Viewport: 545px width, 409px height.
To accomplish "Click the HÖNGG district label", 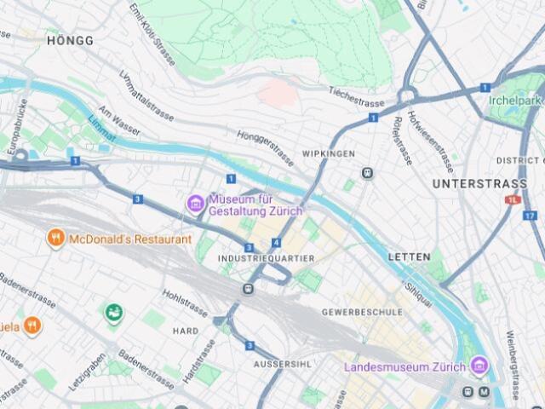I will point(70,40).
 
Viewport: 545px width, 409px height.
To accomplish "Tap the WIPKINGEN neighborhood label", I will point(327,154).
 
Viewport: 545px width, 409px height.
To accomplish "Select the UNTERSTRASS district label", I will point(473,183).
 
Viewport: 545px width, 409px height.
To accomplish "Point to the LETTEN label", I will point(409,256).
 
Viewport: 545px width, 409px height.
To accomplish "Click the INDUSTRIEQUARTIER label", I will point(267,258).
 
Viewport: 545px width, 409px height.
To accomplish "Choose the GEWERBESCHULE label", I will point(361,312).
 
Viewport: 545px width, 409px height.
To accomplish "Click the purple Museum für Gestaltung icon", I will point(195,203).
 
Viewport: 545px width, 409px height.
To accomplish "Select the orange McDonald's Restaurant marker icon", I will point(55,239).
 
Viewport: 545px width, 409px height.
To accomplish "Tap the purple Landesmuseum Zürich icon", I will point(479,366).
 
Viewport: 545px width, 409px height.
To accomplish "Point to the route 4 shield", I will point(276,243).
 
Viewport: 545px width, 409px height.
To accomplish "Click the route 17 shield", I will point(529,215).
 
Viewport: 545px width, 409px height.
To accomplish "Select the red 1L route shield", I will point(512,200).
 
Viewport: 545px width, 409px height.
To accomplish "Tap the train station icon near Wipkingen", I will point(367,173).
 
